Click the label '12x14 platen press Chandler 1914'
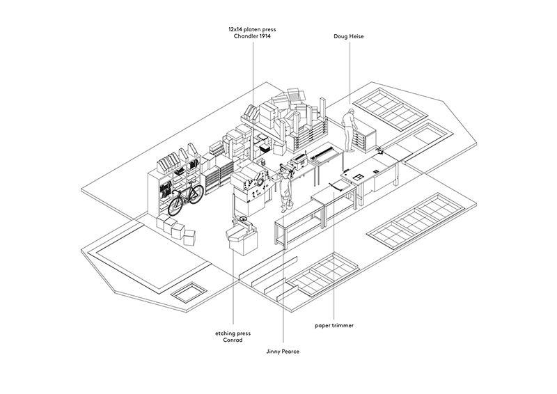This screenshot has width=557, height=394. point(252,33)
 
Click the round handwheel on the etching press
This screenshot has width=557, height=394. point(243,221)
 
